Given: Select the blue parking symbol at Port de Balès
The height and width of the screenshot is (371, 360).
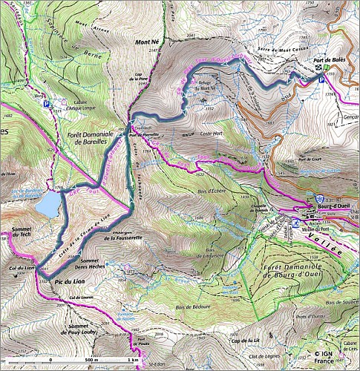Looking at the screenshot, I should (321, 83).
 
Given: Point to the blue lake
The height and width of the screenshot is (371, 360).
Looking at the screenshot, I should (48, 203).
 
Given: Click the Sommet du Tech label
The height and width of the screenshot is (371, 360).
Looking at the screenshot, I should (21, 234).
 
